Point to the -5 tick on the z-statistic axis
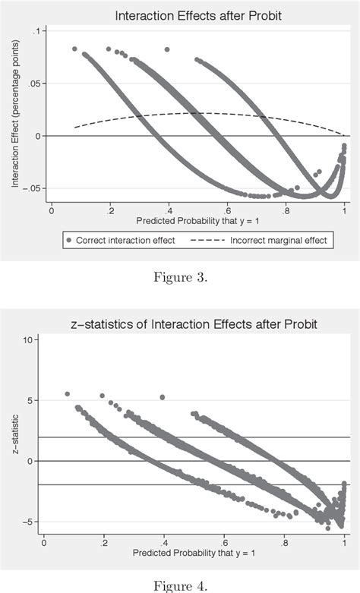(x=29, y=522)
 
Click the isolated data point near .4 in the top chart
(x=167, y=49)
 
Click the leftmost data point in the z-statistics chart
(x=68, y=394)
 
